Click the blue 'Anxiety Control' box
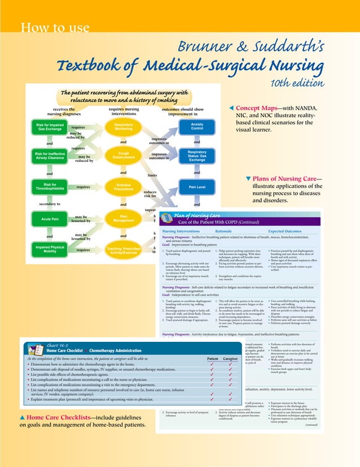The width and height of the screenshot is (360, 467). (197, 126)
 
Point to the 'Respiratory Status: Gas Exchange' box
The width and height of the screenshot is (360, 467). (197, 156)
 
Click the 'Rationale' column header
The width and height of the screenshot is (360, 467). (227, 231)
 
